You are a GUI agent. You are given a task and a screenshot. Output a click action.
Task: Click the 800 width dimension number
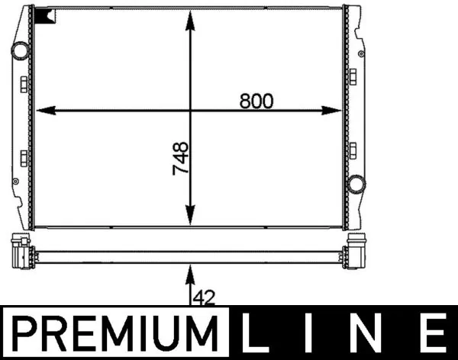pos(256,100)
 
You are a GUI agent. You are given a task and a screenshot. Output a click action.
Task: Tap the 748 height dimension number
pos(181,159)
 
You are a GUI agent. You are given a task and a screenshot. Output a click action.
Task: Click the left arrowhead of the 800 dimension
pos(43,111)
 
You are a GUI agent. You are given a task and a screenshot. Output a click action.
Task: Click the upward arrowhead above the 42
pos(191,268)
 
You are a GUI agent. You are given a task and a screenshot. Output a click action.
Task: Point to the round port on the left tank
pos(19,51)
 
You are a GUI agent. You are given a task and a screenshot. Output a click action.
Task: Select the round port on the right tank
pos(356,184)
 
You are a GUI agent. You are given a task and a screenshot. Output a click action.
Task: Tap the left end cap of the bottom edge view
pos(21,251)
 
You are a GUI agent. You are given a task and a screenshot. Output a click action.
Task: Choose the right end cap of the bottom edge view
pos(356,251)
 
